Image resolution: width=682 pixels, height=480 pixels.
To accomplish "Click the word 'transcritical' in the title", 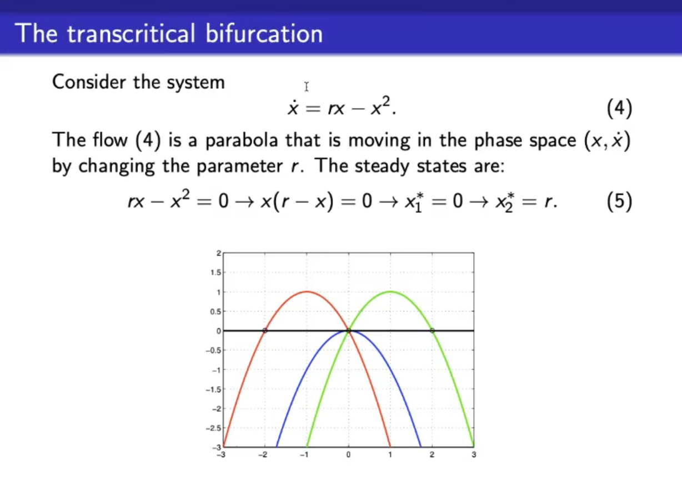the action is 131,33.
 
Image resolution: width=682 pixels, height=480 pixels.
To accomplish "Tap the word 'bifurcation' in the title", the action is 264,33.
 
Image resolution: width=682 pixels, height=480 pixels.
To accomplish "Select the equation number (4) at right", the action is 619,108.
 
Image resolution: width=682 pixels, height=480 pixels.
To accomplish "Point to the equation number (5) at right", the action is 619,201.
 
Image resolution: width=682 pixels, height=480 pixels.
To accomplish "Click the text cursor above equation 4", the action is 307,87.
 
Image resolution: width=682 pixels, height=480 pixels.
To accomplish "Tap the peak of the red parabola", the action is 307,292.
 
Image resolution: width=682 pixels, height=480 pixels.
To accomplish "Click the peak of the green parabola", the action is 390,292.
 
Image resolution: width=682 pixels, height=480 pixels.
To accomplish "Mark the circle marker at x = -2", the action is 265,331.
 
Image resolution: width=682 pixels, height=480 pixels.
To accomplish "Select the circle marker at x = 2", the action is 432,331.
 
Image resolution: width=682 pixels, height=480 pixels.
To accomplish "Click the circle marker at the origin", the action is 349,331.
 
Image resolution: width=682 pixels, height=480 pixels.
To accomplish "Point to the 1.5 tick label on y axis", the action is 215,272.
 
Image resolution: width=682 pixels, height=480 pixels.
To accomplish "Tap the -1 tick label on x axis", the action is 304,455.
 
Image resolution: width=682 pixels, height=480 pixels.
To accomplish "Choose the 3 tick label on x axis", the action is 474,455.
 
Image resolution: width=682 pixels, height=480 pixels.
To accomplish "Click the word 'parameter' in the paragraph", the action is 240,166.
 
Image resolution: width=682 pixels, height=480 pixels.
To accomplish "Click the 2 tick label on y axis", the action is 219,253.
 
